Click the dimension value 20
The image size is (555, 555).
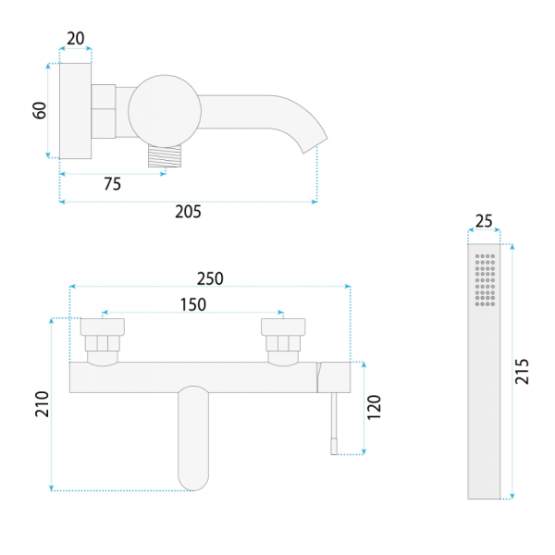pyautogui.click(x=76, y=38)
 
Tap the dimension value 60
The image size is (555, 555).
pyautogui.click(x=40, y=110)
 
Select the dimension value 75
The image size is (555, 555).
pyautogui.click(x=112, y=184)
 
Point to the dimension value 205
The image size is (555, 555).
pyautogui.click(x=188, y=212)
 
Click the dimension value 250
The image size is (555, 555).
pyautogui.click(x=210, y=278)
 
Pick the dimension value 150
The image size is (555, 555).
pyautogui.click(x=193, y=304)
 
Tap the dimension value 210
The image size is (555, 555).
pyautogui.click(x=43, y=404)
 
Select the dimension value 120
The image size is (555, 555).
pyautogui.click(x=374, y=407)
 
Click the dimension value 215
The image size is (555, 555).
pyautogui.click(x=522, y=371)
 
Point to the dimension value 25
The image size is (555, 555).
pyautogui.click(x=484, y=221)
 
